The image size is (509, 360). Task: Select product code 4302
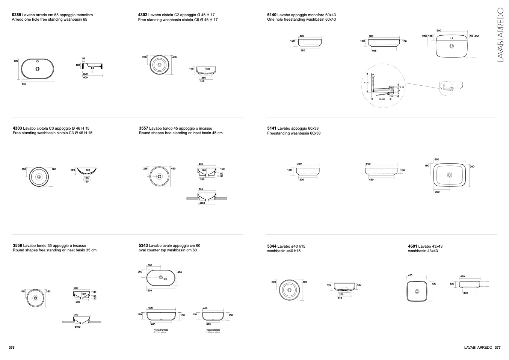(143, 15)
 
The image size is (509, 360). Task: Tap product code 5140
(272, 15)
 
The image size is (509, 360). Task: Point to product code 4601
(412, 247)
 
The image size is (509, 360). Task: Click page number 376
(12, 348)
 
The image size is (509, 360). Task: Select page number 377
(497, 348)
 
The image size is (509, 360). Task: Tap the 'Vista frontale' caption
(161, 330)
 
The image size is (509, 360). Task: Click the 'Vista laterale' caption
(213, 330)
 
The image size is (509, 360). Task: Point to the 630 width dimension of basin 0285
(24, 84)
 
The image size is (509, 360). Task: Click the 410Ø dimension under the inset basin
(202, 203)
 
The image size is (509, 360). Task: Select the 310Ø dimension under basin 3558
(77, 327)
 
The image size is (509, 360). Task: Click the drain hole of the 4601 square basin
(417, 291)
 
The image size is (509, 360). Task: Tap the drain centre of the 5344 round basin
(290, 290)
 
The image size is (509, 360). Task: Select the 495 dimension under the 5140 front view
(374, 51)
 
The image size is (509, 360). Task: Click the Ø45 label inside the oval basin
(165, 279)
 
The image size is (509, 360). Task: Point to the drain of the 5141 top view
(449, 175)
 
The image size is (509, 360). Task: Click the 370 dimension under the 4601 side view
(465, 293)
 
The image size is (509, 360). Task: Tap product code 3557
(143, 129)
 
